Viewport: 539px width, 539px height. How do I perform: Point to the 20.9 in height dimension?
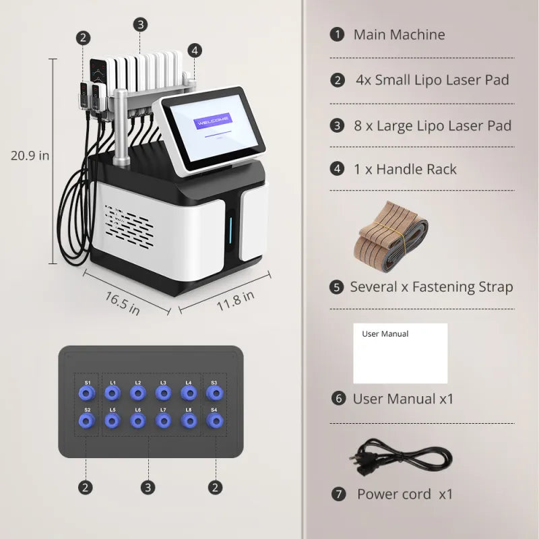click(30, 155)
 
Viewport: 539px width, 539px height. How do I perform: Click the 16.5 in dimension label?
click(122, 303)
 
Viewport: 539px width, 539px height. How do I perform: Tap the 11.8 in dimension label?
click(235, 298)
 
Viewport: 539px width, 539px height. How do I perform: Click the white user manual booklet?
click(400, 353)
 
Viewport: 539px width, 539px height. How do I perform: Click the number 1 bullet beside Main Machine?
click(337, 34)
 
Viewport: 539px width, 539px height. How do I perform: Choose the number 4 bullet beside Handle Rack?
click(337, 169)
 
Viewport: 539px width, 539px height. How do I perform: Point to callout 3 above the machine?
click(140, 25)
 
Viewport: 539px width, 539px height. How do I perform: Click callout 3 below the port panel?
click(149, 486)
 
